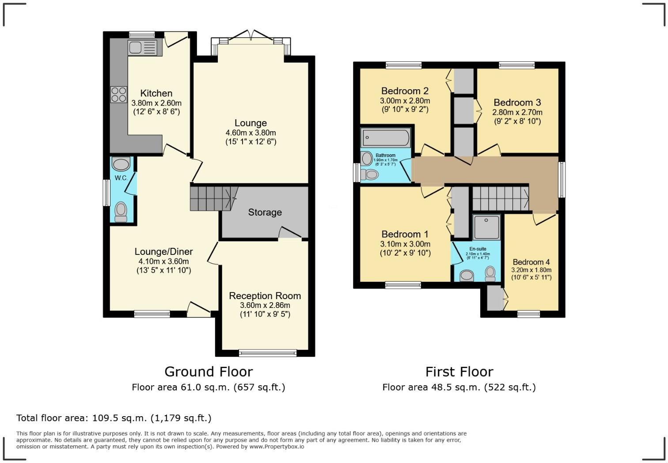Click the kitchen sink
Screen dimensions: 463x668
(x=142, y=47)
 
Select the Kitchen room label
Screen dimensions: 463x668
(x=156, y=93)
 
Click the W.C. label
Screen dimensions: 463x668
(x=121, y=178)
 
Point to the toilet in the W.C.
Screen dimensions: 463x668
(x=121, y=212)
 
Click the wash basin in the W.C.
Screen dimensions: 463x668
(x=121, y=164)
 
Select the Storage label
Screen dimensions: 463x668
(x=265, y=213)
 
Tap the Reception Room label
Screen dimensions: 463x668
(x=265, y=296)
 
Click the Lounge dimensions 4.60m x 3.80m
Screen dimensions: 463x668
(x=250, y=133)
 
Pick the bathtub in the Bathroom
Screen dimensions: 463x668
(x=386, y=138)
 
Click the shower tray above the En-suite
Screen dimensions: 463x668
(x=486, y=227)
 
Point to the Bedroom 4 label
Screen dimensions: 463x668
(x=531, y=262)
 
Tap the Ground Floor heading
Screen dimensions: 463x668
(x=209, y=372)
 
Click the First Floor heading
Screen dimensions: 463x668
(x=459, y=372)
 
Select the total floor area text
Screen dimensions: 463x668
(x=114, y=418)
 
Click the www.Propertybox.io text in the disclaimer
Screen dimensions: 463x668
(x=277, y=447)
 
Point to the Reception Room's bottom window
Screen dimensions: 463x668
(x=268, y=353)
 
